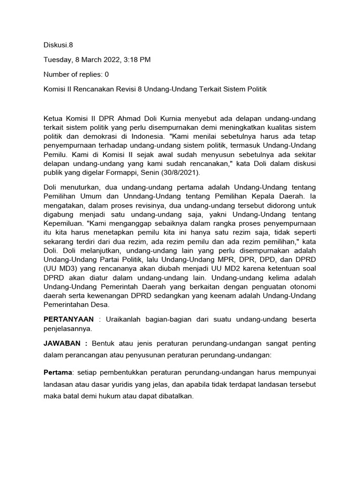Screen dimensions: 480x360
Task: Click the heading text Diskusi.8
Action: (x=58, y=45)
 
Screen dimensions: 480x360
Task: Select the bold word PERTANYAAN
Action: (x=68, y=319)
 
